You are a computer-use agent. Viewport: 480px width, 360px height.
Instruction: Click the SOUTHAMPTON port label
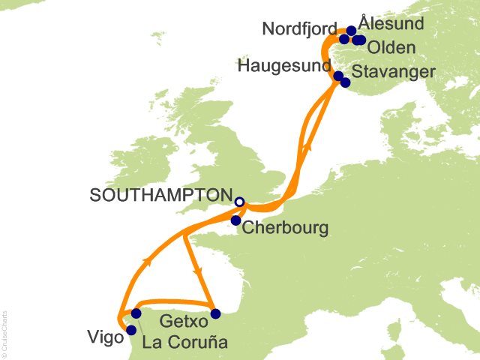point(160,195)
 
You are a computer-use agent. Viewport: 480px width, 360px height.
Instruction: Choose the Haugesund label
point(284,66)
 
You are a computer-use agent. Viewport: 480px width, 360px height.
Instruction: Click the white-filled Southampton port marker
point(239,202)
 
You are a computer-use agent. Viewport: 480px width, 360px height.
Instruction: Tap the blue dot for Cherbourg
point(235,220)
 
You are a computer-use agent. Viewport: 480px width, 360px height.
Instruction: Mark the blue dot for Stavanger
point(345,82)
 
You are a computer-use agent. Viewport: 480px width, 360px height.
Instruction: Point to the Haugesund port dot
point(338,76)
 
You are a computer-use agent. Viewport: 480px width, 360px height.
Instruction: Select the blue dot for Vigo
point(131,330)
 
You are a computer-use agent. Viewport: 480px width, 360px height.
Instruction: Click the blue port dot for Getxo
point(215,313)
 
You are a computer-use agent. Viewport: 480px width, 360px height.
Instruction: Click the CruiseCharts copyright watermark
point(5,330)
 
